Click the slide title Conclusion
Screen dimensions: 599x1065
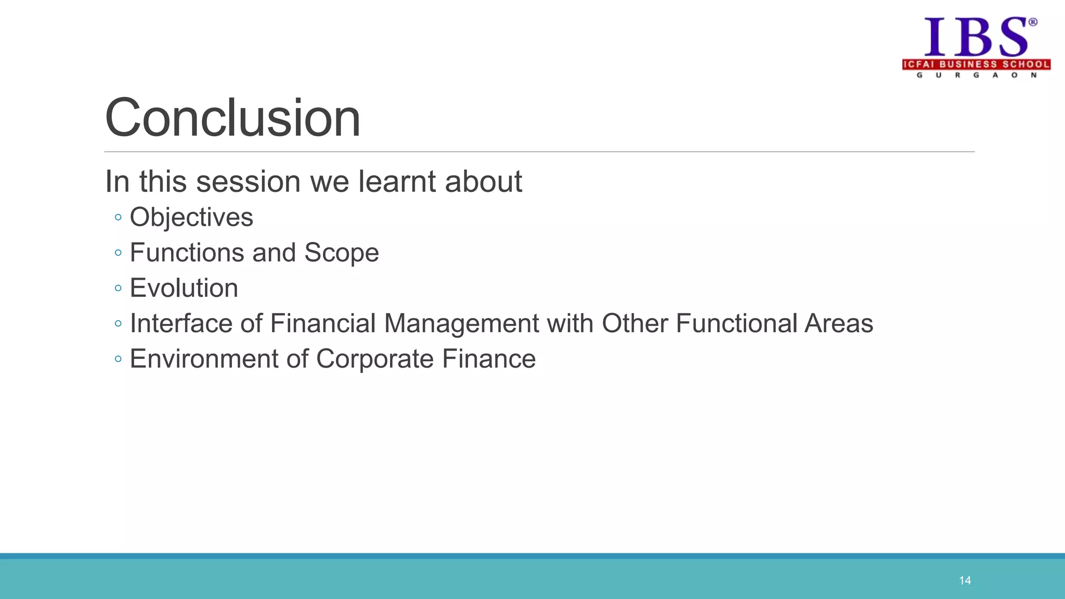click(232, 118)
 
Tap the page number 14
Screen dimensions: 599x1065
click(965, 580)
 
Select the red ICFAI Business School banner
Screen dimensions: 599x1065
click(976, 64)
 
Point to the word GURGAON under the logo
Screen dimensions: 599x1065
click(976, 75)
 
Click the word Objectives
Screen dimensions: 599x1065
click(191, 217)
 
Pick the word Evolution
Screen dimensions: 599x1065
click(184, 288)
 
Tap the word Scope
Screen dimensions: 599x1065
click(341, 253)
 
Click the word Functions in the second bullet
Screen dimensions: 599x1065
click(187, 253)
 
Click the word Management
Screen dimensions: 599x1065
click(461, 323)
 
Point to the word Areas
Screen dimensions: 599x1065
click(839, 323)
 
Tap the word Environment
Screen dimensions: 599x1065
click(204, 359)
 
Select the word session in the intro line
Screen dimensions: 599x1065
click(249, 182)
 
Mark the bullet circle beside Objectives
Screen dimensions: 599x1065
click(118, 217)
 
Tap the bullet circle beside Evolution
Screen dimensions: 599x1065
click(118, 288)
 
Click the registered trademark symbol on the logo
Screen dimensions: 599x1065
click(1032, 22)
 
